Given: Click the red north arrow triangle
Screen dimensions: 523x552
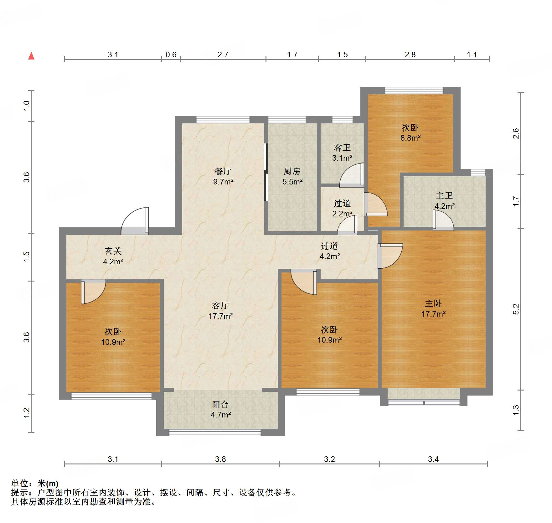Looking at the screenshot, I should coord(31,56).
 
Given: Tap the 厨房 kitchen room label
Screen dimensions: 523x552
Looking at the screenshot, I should coord(292,171).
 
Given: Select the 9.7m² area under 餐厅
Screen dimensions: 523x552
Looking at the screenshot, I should coord(223,182).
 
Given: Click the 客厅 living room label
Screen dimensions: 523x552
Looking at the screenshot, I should coord(220,305).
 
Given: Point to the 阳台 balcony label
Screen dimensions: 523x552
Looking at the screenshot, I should coord(220,404).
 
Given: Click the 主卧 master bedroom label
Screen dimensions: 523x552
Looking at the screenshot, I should coord(433,303).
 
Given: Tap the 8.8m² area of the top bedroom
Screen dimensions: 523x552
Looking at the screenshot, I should coord(410,138).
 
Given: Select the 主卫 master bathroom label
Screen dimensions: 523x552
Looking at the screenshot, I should coord(444,196).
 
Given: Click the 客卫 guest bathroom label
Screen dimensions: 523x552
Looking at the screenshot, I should coord(342,148).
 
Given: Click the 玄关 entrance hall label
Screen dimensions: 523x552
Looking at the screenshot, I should coord(113,251).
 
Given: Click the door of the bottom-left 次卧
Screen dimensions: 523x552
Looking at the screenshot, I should coord(93,292).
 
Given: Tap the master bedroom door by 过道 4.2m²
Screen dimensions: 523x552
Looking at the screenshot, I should coord(389,256).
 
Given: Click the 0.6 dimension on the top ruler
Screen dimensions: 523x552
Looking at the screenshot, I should coord(171,55).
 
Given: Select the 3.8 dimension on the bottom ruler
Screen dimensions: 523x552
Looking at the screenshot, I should coord(220,459).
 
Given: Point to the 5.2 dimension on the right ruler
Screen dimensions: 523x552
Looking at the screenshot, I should coord(516,309).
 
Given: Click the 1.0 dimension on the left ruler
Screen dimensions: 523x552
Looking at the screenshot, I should coord(26,106).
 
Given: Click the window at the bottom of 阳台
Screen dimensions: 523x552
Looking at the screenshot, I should coord(215,432).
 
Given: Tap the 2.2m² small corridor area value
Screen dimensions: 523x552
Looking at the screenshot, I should coord(342,214).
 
